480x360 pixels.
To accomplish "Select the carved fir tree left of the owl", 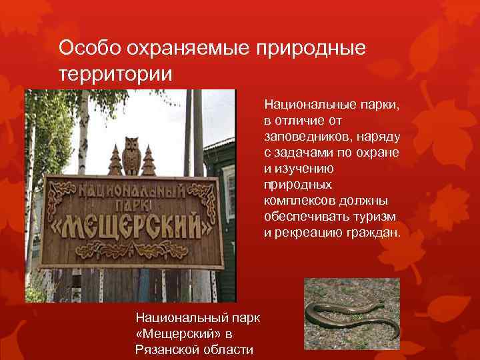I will click(114, 160).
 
